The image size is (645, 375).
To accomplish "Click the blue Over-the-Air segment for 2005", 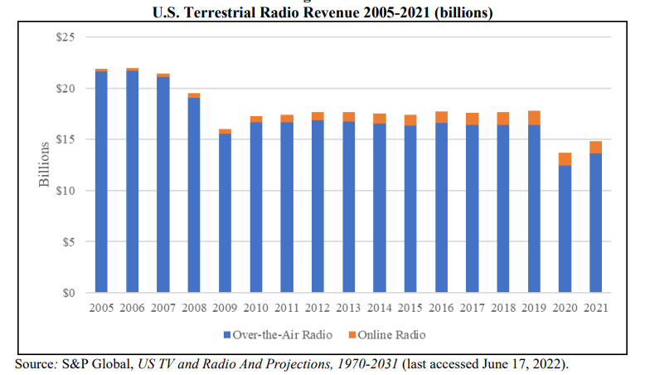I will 101,183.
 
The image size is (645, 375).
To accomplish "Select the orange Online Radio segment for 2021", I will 596,148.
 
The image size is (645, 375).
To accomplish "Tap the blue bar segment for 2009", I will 225,213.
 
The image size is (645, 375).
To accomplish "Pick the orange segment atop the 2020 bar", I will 565,159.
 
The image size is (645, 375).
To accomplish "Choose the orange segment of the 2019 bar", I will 534,118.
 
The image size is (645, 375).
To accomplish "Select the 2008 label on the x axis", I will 194,309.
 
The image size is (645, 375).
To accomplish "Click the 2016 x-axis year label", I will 441,309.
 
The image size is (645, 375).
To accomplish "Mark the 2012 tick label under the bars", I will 318,309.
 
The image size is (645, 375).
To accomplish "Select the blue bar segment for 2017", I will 473,208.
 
